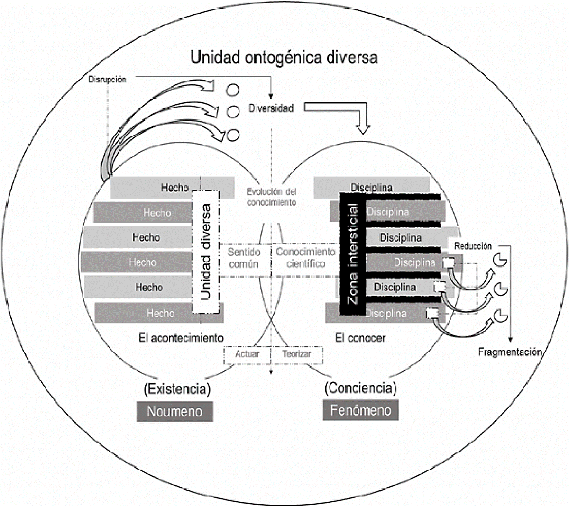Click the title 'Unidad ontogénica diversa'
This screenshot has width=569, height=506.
coord(284,57)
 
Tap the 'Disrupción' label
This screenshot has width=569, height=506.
coord(108,80)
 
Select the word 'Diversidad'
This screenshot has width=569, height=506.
coord(271,108)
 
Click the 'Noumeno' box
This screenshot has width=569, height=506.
coord(174,411)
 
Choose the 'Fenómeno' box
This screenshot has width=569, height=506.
coord(360,410)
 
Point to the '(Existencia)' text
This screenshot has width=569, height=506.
coord(176,389)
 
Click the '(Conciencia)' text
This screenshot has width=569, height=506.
coord(360,388)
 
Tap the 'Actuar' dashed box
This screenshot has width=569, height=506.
coord(247,354)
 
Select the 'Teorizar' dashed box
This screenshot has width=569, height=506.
coord(297,354)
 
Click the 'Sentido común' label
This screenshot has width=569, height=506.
coord(244,258)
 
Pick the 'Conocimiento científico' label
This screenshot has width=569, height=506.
coord(305,258)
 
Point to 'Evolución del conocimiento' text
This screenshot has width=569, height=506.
coord(271,197)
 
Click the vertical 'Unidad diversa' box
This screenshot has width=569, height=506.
coord(205,252)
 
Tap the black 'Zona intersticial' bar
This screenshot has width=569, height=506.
coord(353,254)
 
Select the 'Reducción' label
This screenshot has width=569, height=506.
coord(473,246)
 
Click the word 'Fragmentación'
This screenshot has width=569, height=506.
coord(510,352)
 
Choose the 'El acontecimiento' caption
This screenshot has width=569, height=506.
coord(181,338)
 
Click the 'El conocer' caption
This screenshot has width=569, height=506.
coord(360,338)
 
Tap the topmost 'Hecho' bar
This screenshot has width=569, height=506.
coord(173,188)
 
